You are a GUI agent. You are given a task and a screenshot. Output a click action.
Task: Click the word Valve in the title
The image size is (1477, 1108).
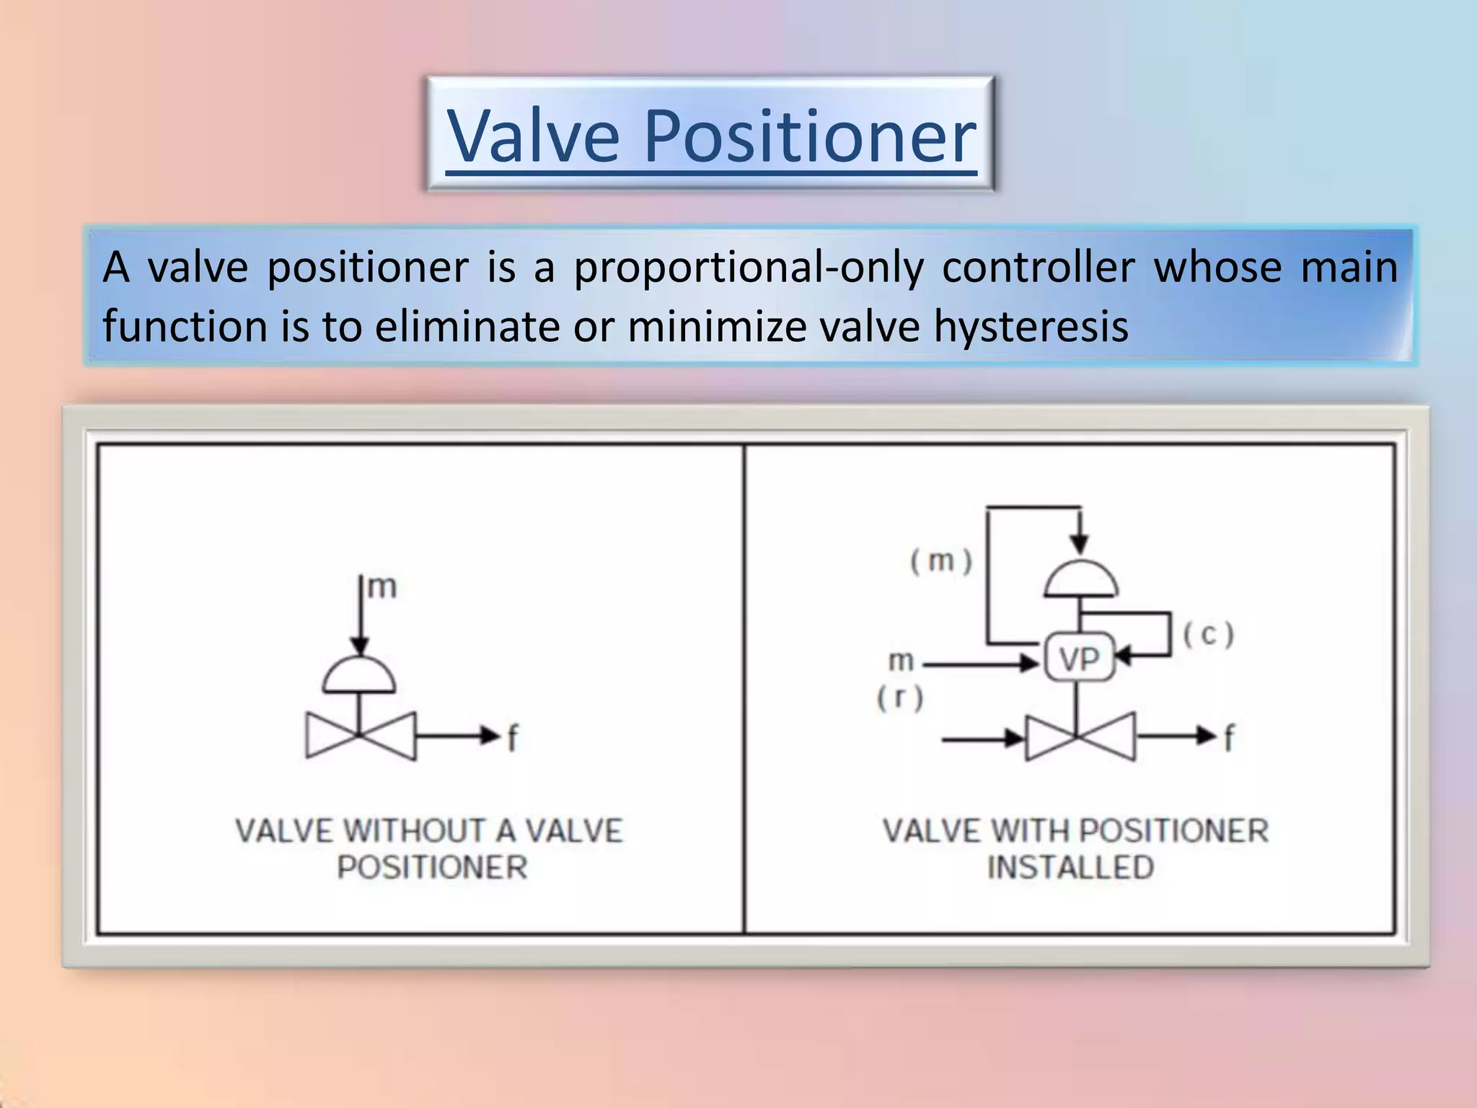pos(534,136)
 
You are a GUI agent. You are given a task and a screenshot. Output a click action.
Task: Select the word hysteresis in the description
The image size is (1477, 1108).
pos(1031,326)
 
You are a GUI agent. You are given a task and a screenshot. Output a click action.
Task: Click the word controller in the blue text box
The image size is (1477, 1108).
pos(1039,267)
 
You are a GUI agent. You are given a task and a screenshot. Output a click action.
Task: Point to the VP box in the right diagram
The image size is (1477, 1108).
pos(1080,658)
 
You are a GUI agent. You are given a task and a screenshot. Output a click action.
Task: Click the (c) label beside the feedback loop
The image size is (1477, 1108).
pos(1209,635)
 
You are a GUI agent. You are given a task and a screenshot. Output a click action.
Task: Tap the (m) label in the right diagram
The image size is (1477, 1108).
pos(941,561)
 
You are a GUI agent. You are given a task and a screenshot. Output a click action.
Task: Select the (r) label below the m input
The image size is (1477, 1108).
pos(900,698)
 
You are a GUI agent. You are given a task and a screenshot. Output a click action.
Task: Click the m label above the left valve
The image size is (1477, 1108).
pos(382,587)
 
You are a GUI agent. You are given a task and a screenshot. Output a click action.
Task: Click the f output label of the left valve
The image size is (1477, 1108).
pos(512,738)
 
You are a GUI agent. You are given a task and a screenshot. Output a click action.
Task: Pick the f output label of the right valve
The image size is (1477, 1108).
pos(1229,738)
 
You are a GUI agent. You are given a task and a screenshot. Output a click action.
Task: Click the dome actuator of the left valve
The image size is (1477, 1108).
pos(359,677)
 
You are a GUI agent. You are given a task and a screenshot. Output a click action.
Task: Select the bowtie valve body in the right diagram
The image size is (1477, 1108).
pos(1080,737)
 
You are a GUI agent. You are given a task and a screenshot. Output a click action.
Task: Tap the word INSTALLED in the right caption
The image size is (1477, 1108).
pos(1070,867)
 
